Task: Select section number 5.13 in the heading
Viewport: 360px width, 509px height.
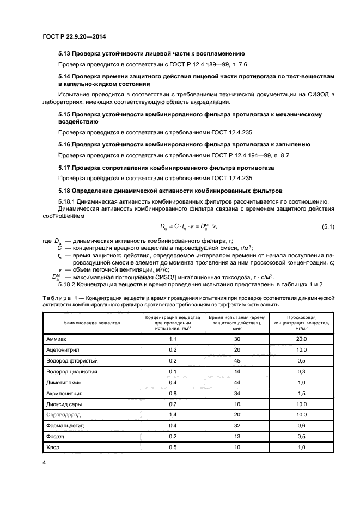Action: pos(64,53)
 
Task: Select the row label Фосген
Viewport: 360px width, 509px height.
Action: pos(56,436)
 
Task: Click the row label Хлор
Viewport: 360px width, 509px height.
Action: pos(53,447)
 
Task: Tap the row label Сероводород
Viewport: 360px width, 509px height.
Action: pos(64,414)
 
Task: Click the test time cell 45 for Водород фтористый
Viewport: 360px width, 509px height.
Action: pos(237,360)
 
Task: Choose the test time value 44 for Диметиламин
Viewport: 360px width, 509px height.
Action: pos(237,382)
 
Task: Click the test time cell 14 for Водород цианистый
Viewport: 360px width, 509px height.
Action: pos(237,371)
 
